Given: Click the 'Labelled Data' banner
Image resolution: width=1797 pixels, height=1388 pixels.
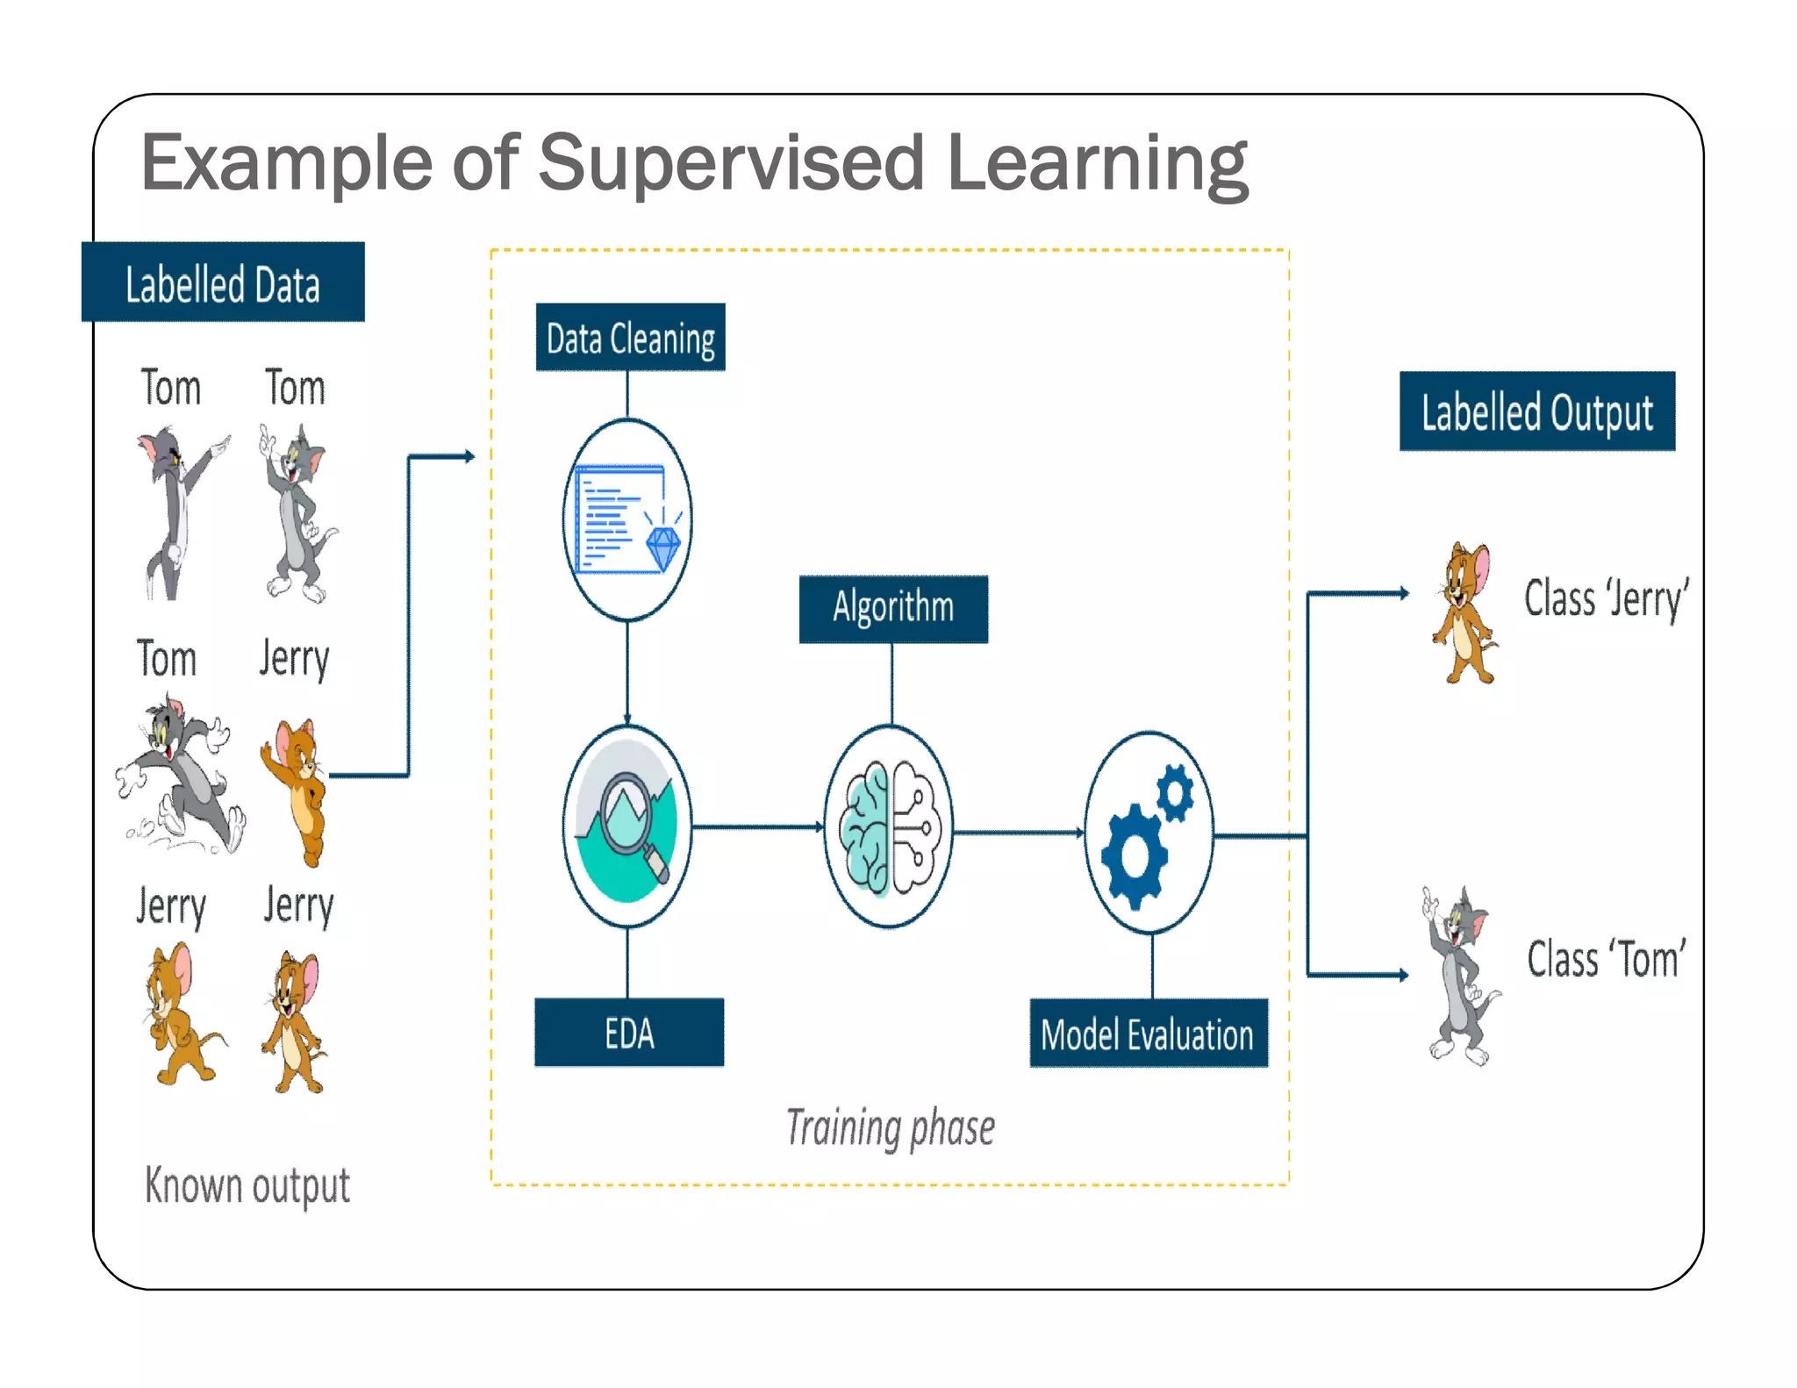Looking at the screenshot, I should pyautogui.click(x=223, y=283).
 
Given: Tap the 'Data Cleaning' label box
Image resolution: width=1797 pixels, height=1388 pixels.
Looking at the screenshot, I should pyautogui.click(x=630, y=338).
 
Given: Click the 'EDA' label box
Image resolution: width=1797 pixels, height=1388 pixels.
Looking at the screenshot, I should pyautogui.click(x=629, y=1033).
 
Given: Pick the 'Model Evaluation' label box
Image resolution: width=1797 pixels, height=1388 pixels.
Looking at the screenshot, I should pyautogui.click(x=1148, y=1034).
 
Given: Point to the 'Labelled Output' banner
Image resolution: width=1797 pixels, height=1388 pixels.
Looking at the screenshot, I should pyautogui.click(x=1536, y=411).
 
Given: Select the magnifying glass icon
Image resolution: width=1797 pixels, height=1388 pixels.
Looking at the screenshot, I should pyautogui.click(x=627, y=813).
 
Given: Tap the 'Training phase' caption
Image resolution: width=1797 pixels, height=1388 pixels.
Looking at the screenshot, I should pyautogui.click(x=890, y=1127).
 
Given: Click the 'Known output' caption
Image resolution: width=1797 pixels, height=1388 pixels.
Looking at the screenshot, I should pyautogui.click(x=247, y=1185).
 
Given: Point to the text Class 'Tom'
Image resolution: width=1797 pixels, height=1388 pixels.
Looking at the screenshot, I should pyautogui.click(x=1606, y=958).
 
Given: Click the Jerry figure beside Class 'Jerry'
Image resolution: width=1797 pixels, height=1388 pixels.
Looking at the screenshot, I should pyautogui.click(x=1464, y=612).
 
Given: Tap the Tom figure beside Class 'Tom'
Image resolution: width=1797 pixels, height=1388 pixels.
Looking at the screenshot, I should pyautogui.click(x=1458, y=977).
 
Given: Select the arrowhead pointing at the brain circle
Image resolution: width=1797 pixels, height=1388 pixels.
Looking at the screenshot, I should pyautogui.click(x=820, y=826).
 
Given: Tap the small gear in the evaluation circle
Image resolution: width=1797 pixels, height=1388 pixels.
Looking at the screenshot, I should pyautogui.click(x=1174, y=792).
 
